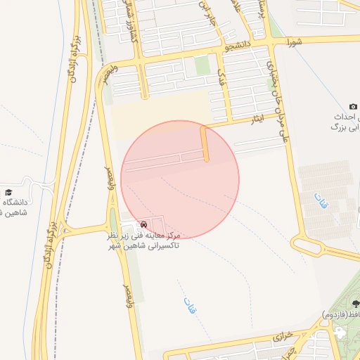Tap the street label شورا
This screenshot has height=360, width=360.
point(293,42)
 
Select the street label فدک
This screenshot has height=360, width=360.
point(222,72)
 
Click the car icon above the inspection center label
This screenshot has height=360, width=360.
point(144,224)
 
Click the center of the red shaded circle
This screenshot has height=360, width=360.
point(180,179)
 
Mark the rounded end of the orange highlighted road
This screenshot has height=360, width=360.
point(207,159)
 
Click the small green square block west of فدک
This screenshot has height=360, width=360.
point(202,65)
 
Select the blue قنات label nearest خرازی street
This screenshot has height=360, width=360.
point(190,305)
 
